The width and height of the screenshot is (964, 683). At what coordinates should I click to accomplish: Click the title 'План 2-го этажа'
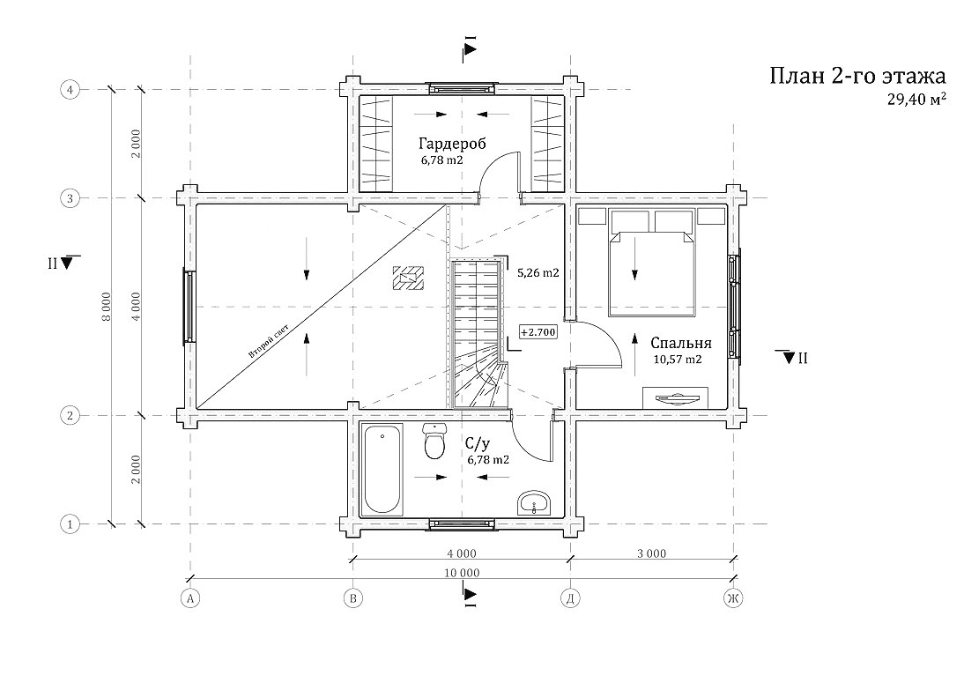[x=857, y=76]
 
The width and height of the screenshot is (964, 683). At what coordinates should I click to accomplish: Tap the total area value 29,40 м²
[x=916, y=100]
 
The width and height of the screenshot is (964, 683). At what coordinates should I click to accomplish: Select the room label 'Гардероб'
[x=453, y=144]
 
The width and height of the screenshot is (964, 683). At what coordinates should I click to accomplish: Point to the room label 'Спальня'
[x=681, y=343]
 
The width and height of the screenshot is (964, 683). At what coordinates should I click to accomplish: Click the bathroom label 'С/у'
[x=478, y=444]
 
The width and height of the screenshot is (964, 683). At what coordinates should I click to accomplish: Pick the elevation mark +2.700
[x=538, y=332]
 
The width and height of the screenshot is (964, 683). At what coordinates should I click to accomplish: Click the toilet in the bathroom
[x=434, y=442]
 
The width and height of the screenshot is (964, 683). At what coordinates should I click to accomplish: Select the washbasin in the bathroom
[x=535, y=503]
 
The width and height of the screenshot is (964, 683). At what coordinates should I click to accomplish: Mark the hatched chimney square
[x=408, y=278]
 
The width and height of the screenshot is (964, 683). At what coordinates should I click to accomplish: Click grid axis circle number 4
[x=70, y=90]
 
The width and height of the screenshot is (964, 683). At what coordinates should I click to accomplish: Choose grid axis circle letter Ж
[x=733, y=598]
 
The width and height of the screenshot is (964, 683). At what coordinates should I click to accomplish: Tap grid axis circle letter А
[x=190, y=598]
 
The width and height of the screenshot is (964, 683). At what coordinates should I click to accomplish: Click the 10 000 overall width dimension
[x=461, y=573]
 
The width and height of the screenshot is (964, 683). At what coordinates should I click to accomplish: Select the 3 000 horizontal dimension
[x=652, y=553]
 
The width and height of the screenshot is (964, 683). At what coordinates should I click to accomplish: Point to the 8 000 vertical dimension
[x=107, y=308]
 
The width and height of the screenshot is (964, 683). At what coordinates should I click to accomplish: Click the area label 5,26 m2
[x=538, y=272]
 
